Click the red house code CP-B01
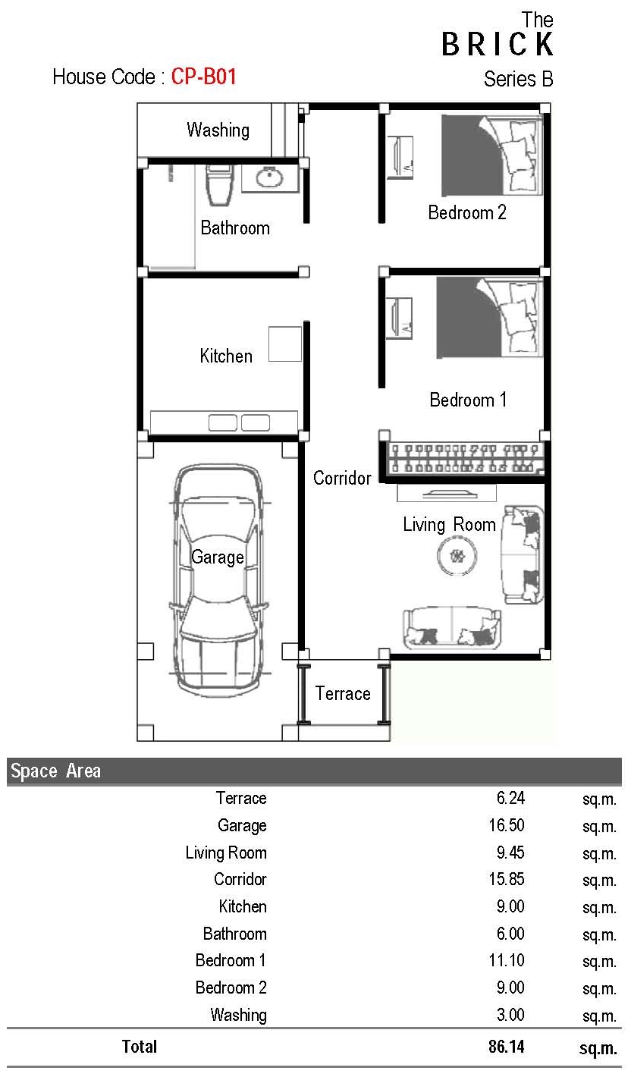(203, 77)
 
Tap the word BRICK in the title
(498, 44)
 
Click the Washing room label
(218, 130)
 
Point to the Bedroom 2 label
(467, 212)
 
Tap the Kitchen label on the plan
(225, 356)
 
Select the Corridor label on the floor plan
(342, 477)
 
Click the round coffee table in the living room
(457, 556)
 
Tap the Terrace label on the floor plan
(343, 693)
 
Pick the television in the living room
(447, 493)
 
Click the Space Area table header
(56, 771)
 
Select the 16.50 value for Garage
(507, 825)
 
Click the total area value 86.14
(507, 1046)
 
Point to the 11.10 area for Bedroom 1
(507, 960)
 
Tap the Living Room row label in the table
(226, 852)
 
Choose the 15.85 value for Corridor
(507, 879)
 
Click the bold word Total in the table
(140, 1046)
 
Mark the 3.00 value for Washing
(510, 1015)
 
